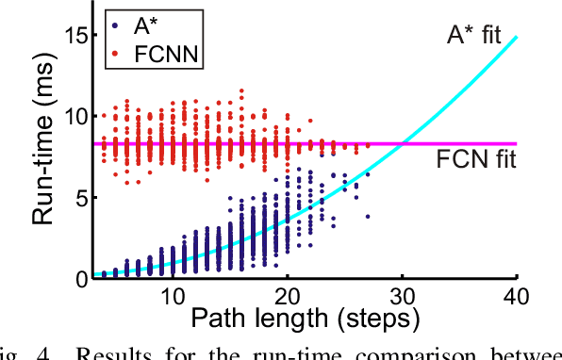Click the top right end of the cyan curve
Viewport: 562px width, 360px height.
coord(518,37)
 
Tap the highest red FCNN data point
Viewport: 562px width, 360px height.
coord(241,90)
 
